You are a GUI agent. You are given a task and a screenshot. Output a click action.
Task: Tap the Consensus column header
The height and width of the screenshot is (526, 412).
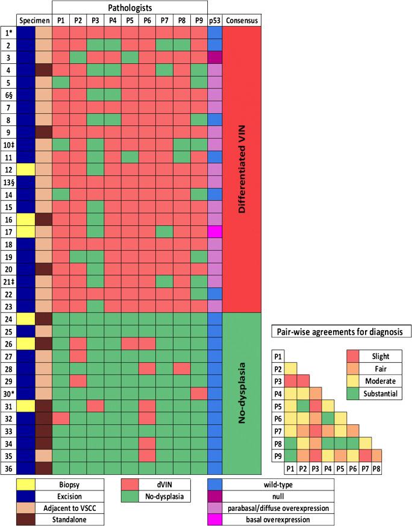242,21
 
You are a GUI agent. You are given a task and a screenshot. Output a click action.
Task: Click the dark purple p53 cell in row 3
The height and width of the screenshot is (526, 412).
215,58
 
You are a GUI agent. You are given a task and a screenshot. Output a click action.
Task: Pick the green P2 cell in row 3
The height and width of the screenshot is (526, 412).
78,58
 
